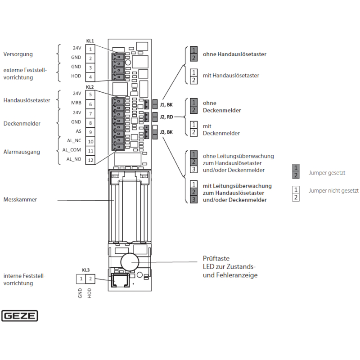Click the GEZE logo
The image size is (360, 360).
20,316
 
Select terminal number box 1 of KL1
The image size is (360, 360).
90,49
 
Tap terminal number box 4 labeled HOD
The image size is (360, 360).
90,77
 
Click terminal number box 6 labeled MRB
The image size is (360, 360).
90,104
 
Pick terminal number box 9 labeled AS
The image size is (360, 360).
90,132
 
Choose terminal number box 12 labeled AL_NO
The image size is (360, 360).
90,160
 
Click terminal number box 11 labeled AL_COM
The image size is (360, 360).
90,151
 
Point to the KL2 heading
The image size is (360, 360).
90,87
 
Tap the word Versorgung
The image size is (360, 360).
18,54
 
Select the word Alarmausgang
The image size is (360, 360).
22,152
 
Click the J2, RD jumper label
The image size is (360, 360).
166,117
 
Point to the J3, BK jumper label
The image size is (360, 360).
166,132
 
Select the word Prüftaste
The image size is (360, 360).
216,259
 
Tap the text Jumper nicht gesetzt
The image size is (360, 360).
333,191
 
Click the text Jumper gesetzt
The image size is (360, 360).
327,172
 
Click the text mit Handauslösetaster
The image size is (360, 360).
231,76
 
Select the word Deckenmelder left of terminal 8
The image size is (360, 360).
22,123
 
